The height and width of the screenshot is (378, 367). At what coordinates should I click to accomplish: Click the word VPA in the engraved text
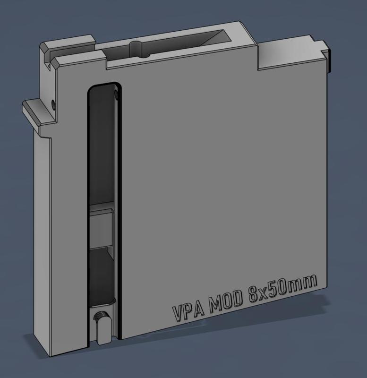click(x=188, y=311)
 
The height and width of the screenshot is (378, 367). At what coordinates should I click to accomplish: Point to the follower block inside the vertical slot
click(x=100, y=226)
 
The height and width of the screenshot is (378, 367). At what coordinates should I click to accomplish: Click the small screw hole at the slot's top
click(x=116, y=95)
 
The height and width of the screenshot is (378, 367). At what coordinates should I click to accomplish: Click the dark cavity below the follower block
click(x=100, y=274)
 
